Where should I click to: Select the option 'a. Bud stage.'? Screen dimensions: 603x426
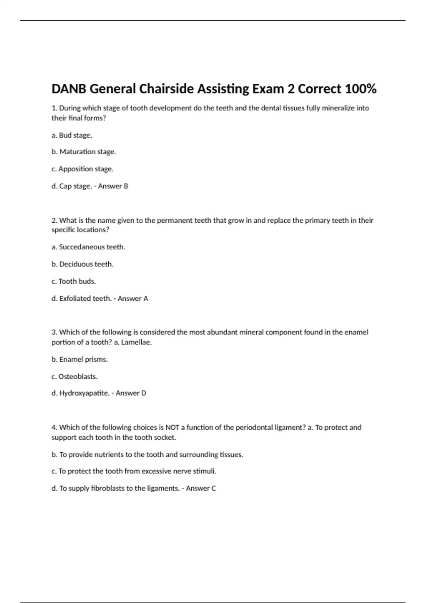tap(72, 135)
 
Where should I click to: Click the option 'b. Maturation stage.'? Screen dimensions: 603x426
tap(84, 152)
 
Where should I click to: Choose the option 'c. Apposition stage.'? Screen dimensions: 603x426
tap(82, 169)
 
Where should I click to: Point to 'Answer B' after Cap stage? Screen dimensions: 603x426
tap(113, 186)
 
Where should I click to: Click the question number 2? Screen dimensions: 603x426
tap(54, 220)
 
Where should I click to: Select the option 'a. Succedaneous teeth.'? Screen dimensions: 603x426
tap(88, 247)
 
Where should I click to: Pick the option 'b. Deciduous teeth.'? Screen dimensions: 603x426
tap(83, 264)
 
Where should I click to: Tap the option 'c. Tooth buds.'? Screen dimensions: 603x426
tap(74, 281)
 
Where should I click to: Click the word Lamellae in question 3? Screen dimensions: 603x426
tap(136, 342)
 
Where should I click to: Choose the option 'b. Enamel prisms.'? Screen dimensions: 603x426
tap(80, 359)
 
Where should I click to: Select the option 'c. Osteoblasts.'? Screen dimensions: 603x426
tap(75, 376)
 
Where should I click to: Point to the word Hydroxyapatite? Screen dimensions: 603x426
tap(84, 393)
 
